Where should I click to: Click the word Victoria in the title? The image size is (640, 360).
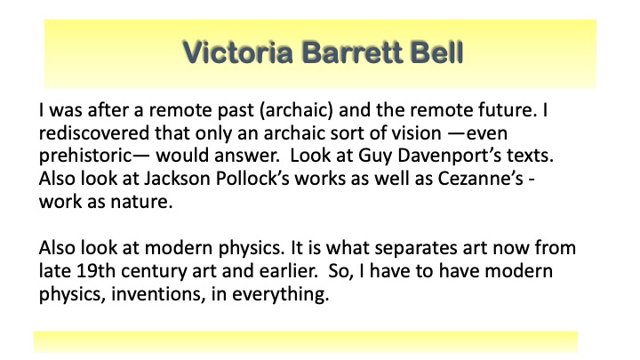pyautogui.click(x=238, y=52)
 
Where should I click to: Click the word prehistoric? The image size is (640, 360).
pyautogui.click(x=85, y=156)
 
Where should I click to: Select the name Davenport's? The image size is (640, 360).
pyautogui.click(x=450, y=156)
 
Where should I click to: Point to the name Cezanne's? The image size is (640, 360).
pyautogui.click(x=480, y=179)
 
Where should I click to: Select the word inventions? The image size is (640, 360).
pyautogui.click(x=158, y=295)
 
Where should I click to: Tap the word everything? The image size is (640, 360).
pyautogui.click(x=280, y=295)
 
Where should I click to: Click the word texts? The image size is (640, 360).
pyautogui.click(x=530, y=156)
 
